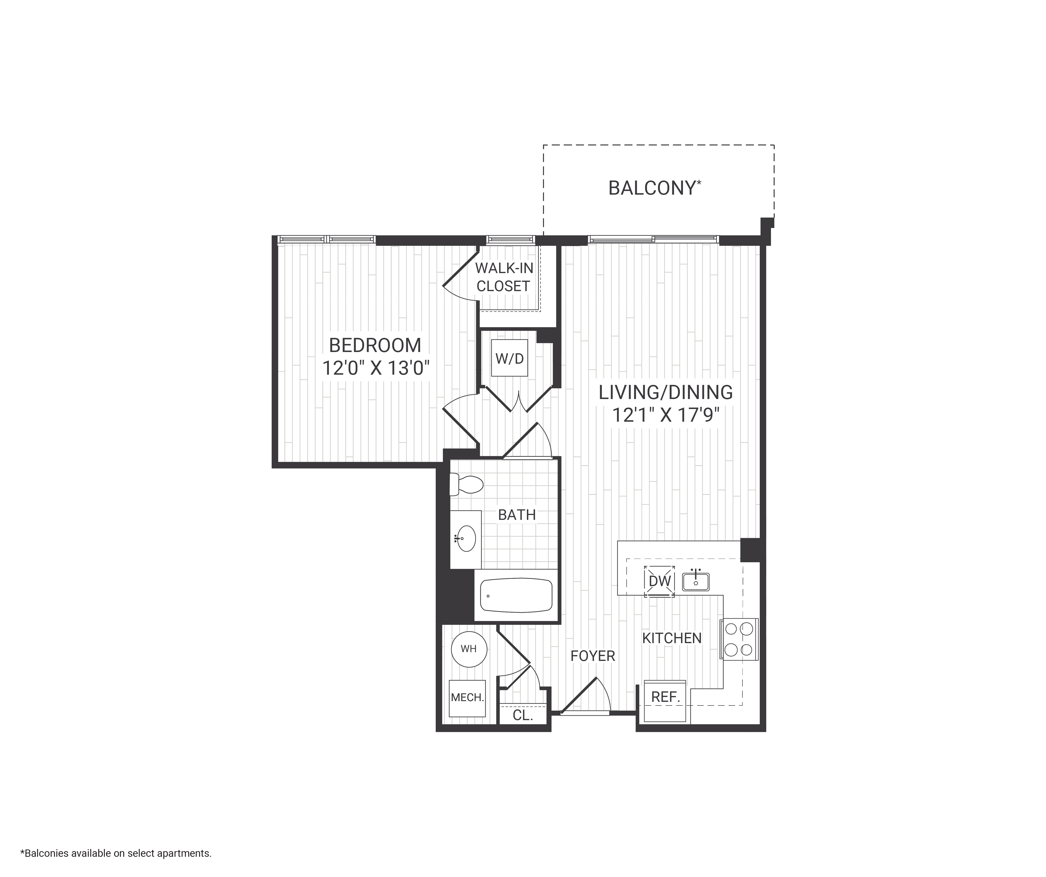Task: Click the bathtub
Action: [516, 595]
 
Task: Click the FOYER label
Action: [593, 656]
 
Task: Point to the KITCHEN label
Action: [671, 638]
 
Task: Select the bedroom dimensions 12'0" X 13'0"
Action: [375, 368]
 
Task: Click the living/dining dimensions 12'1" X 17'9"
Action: [665, 415]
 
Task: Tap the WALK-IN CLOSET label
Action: [503, 277]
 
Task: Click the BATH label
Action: [517, 515]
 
